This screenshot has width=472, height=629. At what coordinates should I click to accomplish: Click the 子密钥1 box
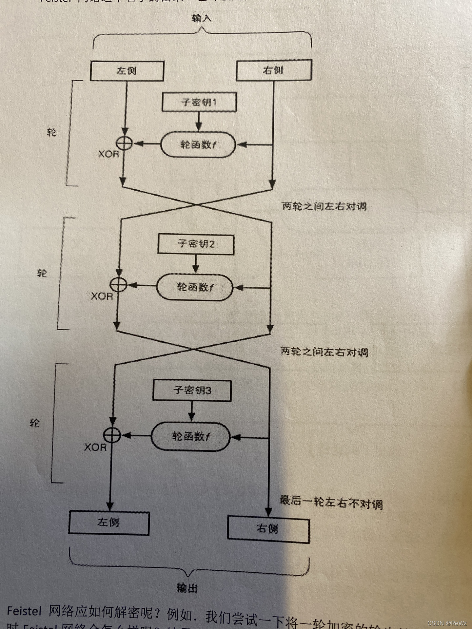coord(199,102)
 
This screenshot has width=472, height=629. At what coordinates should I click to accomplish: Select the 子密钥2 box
coord(196,244)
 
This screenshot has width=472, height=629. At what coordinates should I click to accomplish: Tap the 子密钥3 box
coord(192,391)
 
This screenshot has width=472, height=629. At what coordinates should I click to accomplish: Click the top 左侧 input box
coord(127,71)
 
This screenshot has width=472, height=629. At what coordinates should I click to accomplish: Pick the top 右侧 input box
coord(274,70)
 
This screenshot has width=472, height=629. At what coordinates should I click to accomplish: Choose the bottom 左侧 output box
coord(109,523)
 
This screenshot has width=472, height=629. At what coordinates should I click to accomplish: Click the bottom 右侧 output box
coord(268,529)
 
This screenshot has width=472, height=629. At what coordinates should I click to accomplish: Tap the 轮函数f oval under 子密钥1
coord(198,144)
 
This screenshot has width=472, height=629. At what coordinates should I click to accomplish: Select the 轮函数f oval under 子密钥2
coord(195,287)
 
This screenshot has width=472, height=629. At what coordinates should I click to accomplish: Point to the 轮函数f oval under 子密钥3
coord(190,437)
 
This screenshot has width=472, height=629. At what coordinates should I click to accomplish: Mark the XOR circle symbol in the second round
coord(118,284)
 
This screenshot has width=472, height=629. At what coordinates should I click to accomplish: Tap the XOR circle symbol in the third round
coord(112,435)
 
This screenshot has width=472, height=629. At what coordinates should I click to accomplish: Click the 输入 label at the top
coord(202,18)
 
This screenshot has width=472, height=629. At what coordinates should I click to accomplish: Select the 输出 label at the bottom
coord(187,588)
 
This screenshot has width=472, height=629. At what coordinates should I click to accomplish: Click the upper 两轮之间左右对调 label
coord(324,206)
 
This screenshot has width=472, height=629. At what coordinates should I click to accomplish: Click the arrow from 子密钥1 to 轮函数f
coord(199,121)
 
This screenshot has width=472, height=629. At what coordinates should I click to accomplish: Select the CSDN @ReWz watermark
coord(447,623)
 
